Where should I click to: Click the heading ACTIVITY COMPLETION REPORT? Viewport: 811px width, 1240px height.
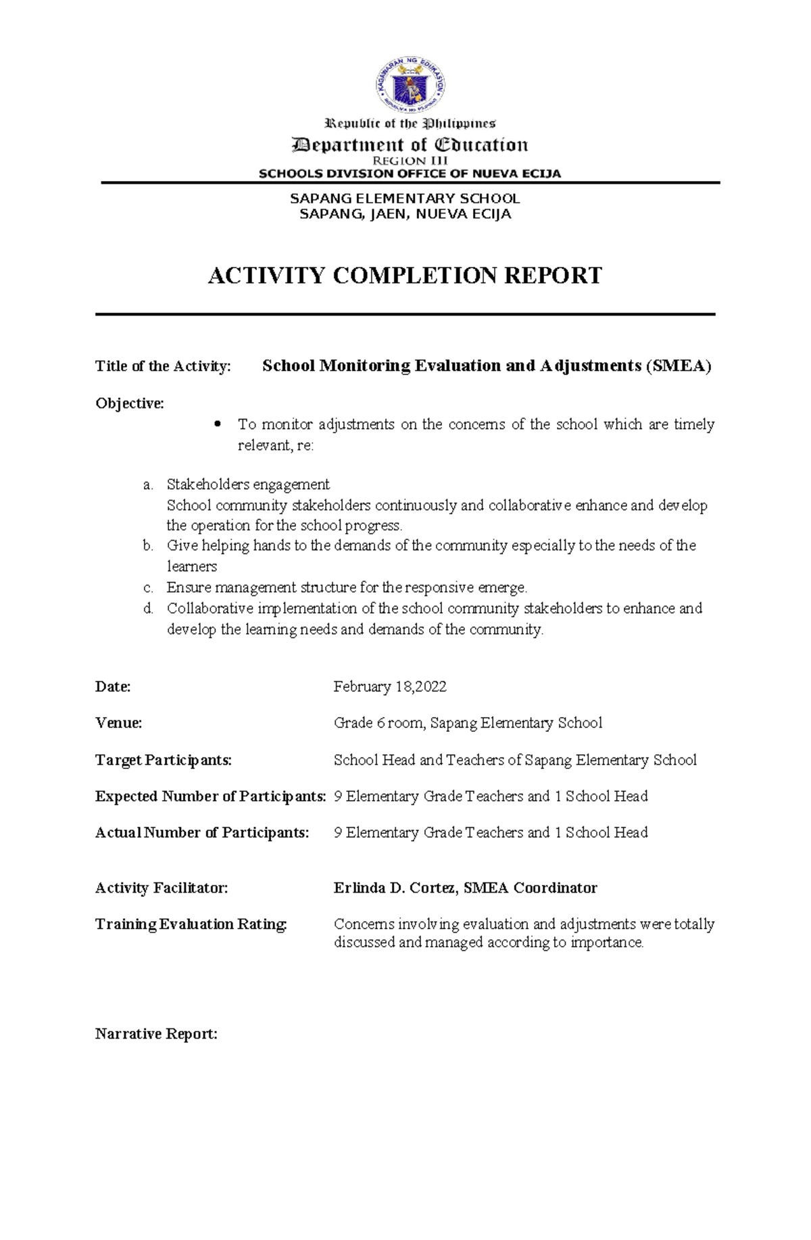click(x=404, y=276)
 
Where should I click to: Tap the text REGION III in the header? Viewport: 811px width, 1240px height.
click(x=410, y=161)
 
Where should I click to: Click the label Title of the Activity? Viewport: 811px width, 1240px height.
click(x=163, y=366)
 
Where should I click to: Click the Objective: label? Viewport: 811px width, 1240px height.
click(x=129, y=403)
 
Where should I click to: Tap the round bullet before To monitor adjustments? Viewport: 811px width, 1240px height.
click(x=217, y=424)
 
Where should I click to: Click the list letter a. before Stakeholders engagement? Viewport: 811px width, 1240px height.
click(x=147, y=485)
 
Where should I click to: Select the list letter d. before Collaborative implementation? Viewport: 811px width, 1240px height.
click(x=148, y=608)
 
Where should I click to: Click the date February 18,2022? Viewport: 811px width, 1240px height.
click(x=390, y=687)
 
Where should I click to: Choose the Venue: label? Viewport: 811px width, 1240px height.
click(x=118, y=723)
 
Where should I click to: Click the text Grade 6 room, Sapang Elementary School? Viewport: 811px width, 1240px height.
click(x=468, y=723)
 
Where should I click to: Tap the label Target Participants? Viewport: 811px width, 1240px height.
click(x=163, y=760)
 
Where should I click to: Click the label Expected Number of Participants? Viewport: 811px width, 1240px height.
click(x=210, y=796)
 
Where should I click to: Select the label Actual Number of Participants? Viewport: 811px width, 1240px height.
click(x=201, y=833)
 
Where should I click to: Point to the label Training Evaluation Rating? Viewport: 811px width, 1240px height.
click(x=191, y=924)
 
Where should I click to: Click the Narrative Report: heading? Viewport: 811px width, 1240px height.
click(x=156, y=1034)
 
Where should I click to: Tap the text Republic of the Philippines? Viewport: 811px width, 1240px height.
click(x=410, y=124)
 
